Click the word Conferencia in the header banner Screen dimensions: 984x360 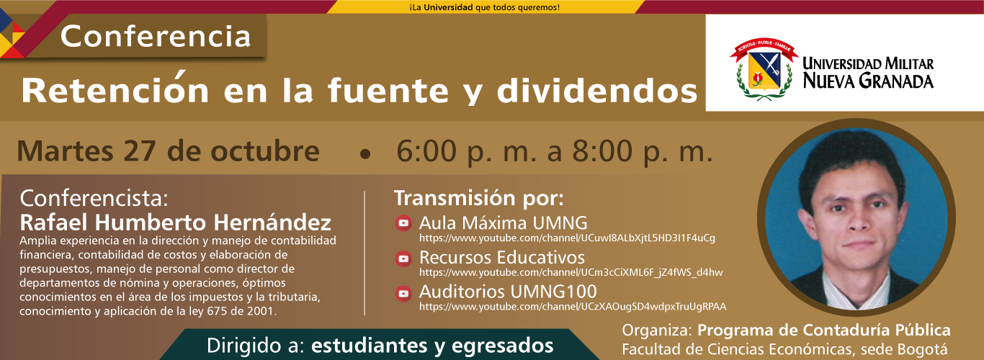pyautogui.click(x=156, y=36)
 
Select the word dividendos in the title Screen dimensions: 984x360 pyautogui.click(x=597, y=91)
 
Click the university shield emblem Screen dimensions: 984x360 pyautogui.click(x=764, y=68)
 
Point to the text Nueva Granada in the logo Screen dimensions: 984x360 pyautogui.click(x=868, y=81)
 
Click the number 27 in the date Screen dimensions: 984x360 pyautogui.click(x=140, y=151)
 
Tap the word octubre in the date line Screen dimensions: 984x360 pyautogui.click(x=265, y=151)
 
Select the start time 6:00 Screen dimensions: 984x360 pyautogui.click(x=426, y=151)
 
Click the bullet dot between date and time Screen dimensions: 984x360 pyautogui.click(x=365, y=154)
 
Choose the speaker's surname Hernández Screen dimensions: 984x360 pyautogui.click(x=272, y=222)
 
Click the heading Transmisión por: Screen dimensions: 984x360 pyautogui.click(x=479, y=198)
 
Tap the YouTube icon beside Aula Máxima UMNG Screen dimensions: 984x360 pyautogui.click(x=403, y=223)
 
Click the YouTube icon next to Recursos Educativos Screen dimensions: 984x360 pyautogui.click(x=403, y=258)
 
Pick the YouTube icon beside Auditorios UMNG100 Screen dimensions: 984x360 pyautogui.click(x=403, y=293)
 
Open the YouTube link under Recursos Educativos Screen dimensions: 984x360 pyautogui.click(x=571, y=273)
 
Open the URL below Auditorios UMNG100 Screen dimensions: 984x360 pyautogui.click(x=573, y=307)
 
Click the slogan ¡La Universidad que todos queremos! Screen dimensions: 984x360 pyautogui.click(x=485, y=7)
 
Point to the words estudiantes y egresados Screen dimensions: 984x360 pyautogui.click(x=432, y=346)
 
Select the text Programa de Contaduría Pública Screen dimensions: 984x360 pyautogui.click(x=824, y=330)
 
